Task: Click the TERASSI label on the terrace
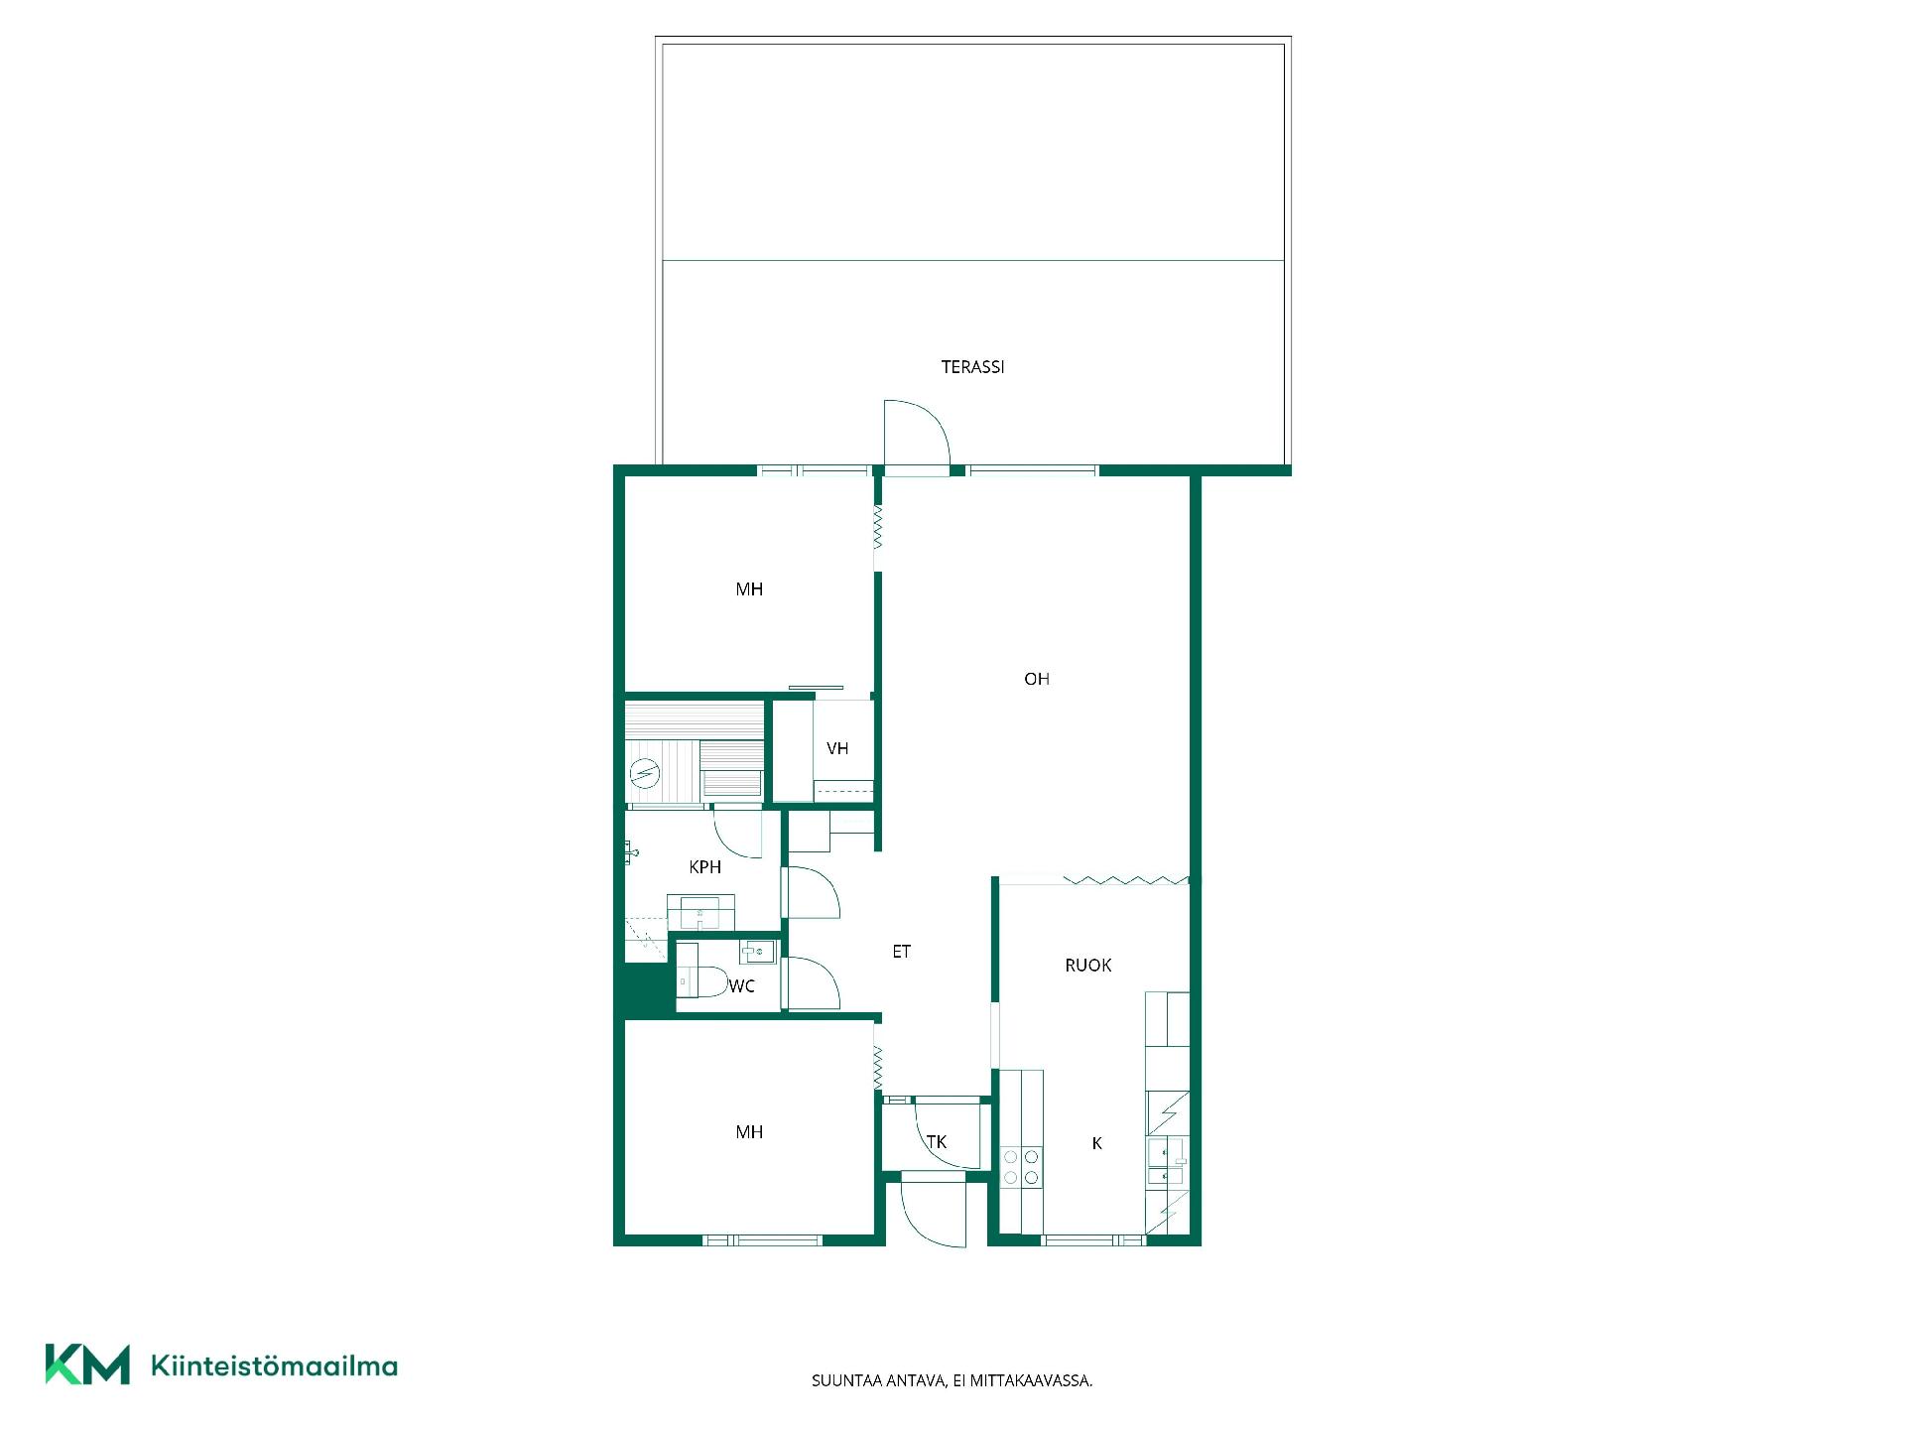pos(972,367)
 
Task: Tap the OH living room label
pos(1037,679)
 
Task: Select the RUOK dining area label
pos(1087,965)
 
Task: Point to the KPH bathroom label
pos(704,867)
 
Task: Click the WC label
pos(741,986)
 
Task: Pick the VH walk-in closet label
pos(837,748)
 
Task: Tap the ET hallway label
pos(901,952)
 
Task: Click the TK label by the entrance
pos(937,1142)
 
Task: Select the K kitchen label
pos(1096,1143)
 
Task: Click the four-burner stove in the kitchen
pos(1021,1167)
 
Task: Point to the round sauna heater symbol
pos(645,772)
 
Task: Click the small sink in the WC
pos(758,952)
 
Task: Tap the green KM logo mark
pos(87,1364)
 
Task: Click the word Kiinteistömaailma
pos(274,1365)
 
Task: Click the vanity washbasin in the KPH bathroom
pos(700,912)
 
